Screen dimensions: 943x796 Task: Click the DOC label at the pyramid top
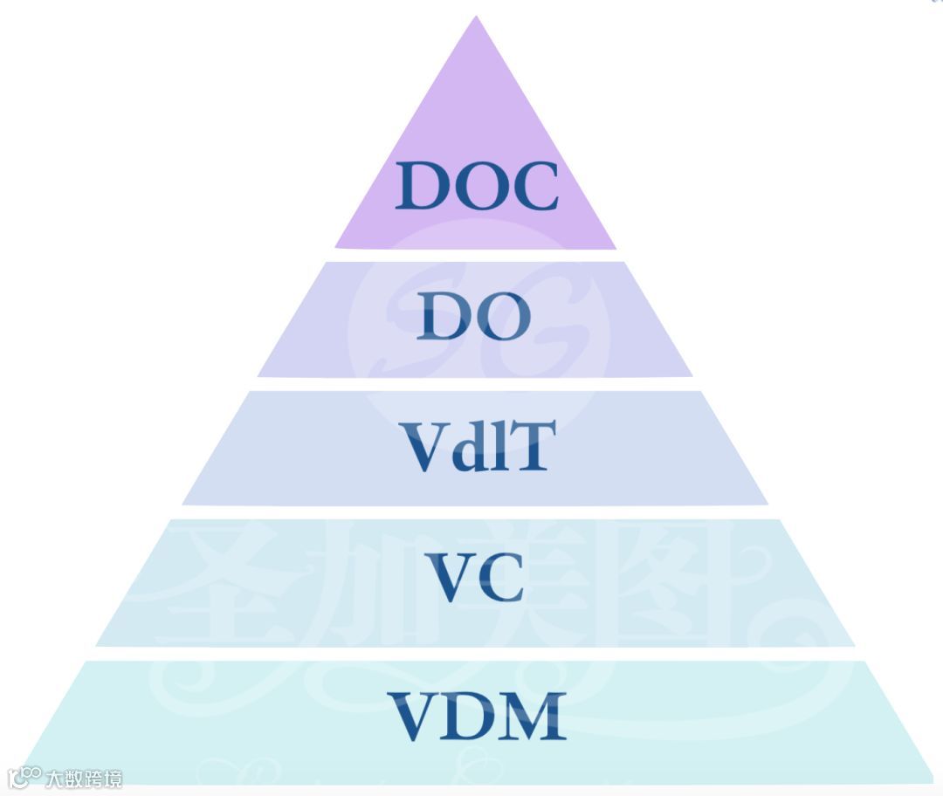point(476,186)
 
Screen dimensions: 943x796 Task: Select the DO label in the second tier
point(473,316)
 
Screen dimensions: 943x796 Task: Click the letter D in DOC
point(423,187)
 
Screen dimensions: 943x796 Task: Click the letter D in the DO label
point(444,317)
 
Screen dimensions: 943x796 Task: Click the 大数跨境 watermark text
point(84,778)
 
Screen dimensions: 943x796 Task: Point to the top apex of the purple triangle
point(476,17)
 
